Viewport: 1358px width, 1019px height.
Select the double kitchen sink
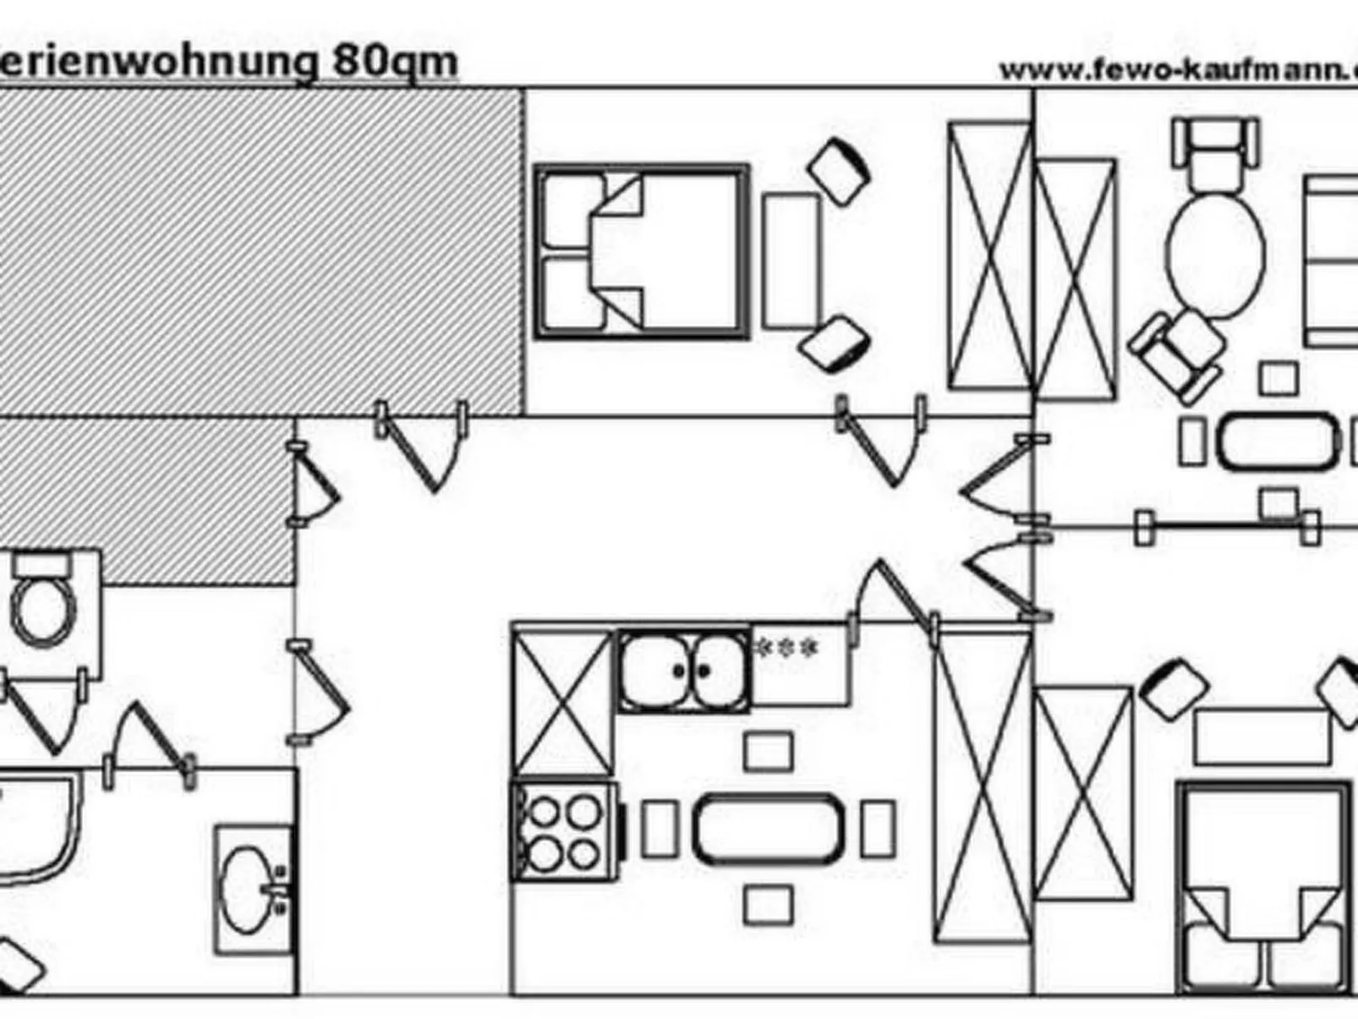684,671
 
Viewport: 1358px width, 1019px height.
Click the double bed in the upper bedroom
642,252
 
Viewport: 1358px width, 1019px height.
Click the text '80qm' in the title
395,61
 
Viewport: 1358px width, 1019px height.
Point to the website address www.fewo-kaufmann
1175,69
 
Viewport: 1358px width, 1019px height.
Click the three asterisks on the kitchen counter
786,648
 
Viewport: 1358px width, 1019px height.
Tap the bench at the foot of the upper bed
791,261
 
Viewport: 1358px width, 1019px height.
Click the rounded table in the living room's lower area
1278,441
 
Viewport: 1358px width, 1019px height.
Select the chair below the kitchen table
768,905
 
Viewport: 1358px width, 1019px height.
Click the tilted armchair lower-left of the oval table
1180,353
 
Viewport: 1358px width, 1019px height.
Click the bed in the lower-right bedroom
1262,888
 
